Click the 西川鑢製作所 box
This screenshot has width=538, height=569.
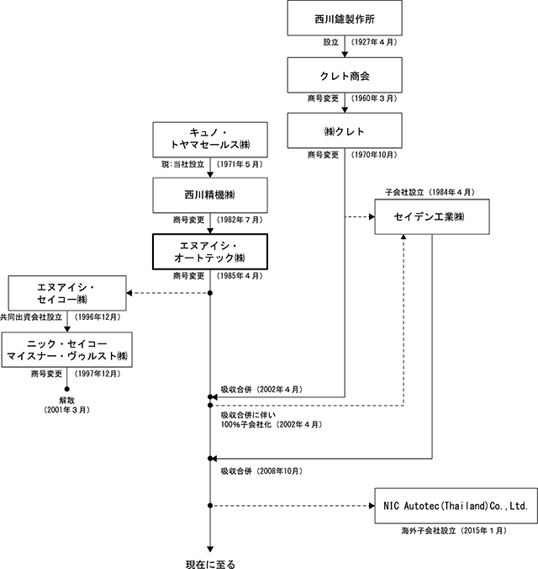[345, 18]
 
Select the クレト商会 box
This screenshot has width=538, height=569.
[345, 75]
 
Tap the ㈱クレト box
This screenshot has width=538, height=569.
[345, 130]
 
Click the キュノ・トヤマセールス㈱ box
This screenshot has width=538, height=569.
[210, 140]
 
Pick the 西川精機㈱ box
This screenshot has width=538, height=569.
[210, 195]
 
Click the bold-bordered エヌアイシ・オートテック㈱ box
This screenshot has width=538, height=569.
[210, 252]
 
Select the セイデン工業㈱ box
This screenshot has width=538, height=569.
[432, 216]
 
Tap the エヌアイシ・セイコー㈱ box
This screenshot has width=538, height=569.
[67, 293]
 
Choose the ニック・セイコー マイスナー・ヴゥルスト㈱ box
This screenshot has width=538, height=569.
[66, 350]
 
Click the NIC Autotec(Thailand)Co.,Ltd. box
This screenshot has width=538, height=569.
[456, 506]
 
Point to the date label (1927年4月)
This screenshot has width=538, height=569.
[374, 42]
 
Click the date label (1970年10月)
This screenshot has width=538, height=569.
[374, 155]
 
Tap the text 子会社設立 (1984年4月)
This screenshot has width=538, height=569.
[430, 192]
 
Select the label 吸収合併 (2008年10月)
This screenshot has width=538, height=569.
[261, 471]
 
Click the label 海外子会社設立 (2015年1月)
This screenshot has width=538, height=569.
[454, 530]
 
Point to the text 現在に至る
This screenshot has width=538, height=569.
[210, 564]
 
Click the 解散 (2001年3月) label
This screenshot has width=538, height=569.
[66, 405]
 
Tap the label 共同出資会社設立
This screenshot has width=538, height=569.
[32, 317]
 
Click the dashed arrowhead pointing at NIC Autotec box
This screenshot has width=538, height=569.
[372, 506]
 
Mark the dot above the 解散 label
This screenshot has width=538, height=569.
[66, 389]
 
